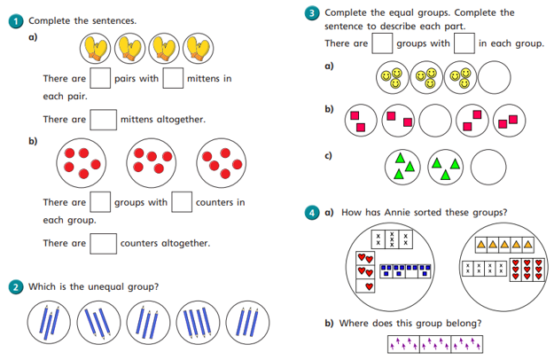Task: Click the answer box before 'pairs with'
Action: pyautogui.click(x=100, y=78)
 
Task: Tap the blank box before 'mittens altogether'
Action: pyautogui.click(x=104, y=118)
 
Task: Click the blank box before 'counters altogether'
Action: pyautogui.click(x=104, y=242)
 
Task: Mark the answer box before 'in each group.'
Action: pyautogui.click(x=464, y=43)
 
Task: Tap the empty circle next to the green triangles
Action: pyautogui.click(x=488, y=166)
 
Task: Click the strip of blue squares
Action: pyautogui.click(x=404, y=267)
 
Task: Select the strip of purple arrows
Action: pyautogui.click(x=436, y=342)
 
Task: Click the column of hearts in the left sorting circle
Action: pyautogui.click(x=365, y=270)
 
